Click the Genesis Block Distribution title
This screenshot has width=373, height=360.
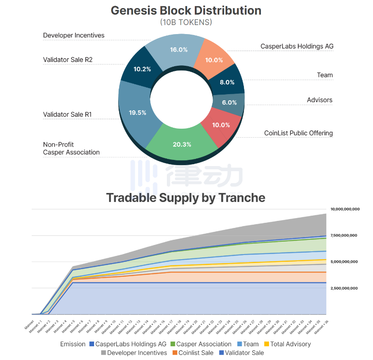click(186, 10)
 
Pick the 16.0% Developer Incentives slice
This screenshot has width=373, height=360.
click(179, 50)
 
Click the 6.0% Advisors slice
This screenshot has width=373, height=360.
click(229, 103)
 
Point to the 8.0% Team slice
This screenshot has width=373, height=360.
click(227, 82)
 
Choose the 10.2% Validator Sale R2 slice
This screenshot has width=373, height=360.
click(142, 69)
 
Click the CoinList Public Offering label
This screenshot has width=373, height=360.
click(298, 133)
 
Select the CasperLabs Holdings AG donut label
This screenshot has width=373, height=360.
click(297, 46)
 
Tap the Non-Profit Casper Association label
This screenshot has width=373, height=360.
click(71, 149)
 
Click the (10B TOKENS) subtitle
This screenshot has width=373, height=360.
click(186, 22)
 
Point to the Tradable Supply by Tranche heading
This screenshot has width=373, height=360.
click(186, 197)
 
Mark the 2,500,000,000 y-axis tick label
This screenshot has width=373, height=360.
click(345, 288)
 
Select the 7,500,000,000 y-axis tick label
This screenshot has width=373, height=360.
click(345, 236)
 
